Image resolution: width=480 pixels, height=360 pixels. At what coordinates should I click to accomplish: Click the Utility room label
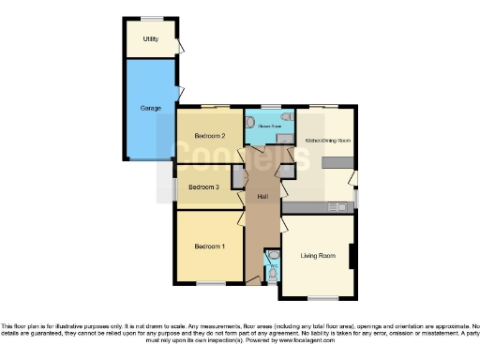pos(150,39)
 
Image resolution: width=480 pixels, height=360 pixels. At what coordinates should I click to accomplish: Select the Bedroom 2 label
pos(208,137)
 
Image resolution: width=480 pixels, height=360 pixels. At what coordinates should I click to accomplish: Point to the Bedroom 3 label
pos(203,187)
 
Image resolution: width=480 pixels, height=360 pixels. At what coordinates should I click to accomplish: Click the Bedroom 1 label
pos(209,247)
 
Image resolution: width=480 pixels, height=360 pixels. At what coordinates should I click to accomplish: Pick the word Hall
pos(262,195)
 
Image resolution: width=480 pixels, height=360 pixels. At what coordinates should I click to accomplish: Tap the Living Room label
pos(317,255)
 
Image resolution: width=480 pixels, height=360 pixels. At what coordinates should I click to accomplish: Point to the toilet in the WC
pos(273,256)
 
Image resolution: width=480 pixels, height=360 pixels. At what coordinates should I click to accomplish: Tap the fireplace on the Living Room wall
pos(352,254)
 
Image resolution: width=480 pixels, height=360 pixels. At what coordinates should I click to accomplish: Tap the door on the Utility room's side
pos(179,44)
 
